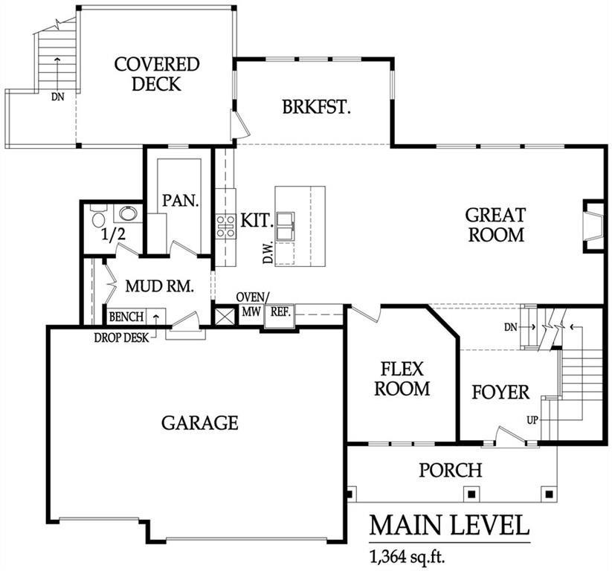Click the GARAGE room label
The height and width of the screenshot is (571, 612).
tap(200, 423)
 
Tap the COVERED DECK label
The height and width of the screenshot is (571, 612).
tap(157, 74)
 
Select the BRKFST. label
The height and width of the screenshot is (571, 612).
tap(316, 106)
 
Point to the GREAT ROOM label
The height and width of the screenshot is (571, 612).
tap(495, 225)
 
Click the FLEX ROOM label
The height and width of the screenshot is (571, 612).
tap(402, 378)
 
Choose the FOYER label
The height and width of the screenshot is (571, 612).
tap(500, 392)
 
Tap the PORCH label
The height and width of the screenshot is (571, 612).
tap(450, 470)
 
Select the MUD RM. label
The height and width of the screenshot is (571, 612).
tap(160, 286)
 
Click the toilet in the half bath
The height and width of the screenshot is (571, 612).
tap(98, 219)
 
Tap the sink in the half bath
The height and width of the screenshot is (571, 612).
tap(129, 215)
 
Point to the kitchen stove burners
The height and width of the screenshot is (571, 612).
tap(225, 225)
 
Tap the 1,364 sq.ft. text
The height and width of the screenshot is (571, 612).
tap(407, 555)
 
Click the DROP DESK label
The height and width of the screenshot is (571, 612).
tap(121, 337)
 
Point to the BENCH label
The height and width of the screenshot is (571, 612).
tap(126, 317)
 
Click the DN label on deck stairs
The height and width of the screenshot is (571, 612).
tap(57, 96)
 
